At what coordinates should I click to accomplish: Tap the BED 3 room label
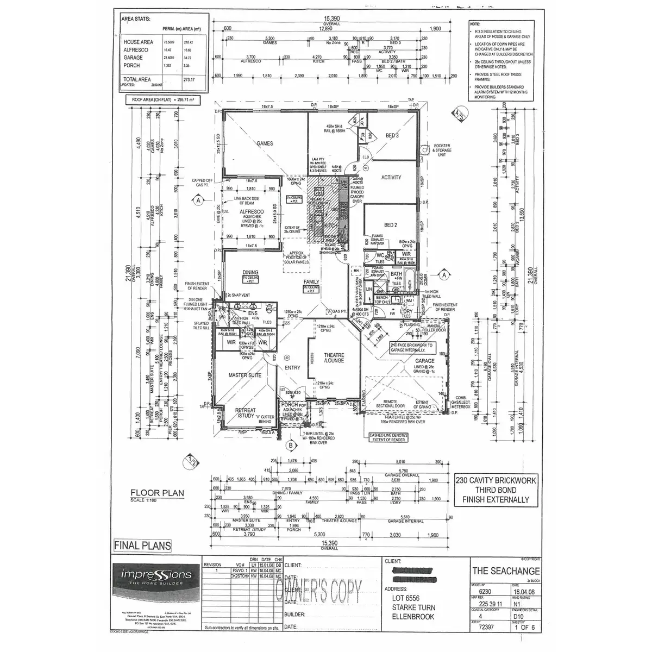point(392,136)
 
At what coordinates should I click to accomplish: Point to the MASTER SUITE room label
point(244,375)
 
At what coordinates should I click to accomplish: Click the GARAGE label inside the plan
point(425,361)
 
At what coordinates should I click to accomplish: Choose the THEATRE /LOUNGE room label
point(335,358)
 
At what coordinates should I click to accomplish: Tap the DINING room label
point(250,272)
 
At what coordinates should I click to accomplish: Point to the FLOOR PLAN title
point(157,493)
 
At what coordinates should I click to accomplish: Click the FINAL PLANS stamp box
point(142,545)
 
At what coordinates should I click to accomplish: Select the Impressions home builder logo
point(152,576)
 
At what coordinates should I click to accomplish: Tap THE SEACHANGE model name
point(505,570)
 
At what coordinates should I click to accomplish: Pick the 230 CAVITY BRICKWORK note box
point(496,490)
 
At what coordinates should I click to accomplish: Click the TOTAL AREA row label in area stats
point(137,79)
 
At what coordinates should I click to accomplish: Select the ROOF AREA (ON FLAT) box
point(163,100)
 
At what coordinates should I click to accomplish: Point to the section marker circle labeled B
point(291,446)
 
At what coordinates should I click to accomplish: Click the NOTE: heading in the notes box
point(476,24)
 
